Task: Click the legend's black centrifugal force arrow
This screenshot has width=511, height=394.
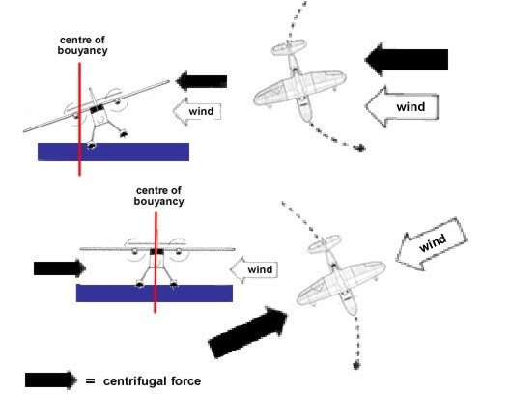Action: tap(51, 380)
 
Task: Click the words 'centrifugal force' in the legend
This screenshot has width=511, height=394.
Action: tap(152, 381)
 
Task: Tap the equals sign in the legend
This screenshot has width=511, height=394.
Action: tap(90, 380)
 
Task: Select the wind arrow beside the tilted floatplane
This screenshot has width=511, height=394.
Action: tap(197, 111)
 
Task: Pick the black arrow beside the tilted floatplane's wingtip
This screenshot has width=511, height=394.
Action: tap(201, 81)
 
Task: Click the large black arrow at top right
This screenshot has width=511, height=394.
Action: tap(407, 60)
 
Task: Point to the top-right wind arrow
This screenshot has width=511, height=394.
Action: tap(402, 106)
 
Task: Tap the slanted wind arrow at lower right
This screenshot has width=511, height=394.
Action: tap(431, 244)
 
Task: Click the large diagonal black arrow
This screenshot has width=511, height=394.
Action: tap(247, 332)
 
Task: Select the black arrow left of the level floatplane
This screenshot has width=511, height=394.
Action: tap(60, 268)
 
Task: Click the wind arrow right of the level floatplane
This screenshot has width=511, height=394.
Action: tap(254, 269)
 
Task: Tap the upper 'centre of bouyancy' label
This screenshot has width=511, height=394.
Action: tap(82, 45)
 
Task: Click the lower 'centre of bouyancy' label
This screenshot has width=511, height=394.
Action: tap(158, 196)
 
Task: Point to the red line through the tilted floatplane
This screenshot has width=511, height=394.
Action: tap(79, 119)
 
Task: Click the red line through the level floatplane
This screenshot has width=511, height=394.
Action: tap(156, 263)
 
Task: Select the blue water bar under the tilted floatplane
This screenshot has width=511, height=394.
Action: tap(113, 152)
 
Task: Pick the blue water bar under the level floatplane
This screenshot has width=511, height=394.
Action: tap(155, 294)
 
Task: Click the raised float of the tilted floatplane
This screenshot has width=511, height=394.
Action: tap(124, 133)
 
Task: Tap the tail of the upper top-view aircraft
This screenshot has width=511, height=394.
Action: tap(289, 47)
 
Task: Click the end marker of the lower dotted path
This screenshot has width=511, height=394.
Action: tap(356, 365)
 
